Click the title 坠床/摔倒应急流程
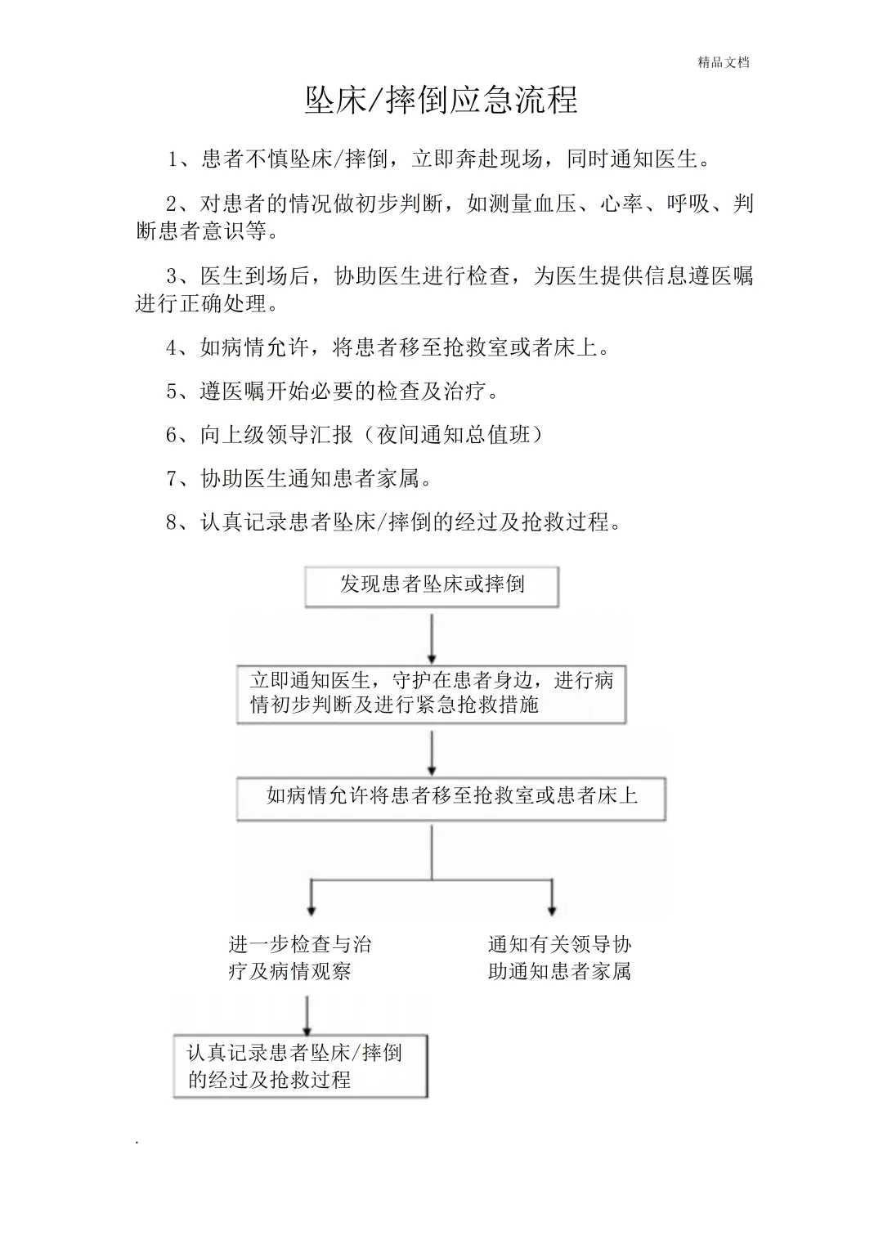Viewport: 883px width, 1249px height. point(441,101)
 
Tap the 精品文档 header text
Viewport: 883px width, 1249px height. point(724,62)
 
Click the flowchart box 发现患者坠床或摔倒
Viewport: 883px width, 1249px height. point(432,585)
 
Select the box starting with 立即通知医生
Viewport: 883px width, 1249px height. point(431,693)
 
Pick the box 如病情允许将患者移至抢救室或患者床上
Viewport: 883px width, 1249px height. point(451,797)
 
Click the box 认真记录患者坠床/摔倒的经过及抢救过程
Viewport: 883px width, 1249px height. point(300,1067)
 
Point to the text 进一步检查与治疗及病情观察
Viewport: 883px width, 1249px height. point(300,958)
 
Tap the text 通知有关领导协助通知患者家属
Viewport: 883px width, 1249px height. point(559,958)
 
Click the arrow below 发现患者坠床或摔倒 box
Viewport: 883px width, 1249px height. point(432,638)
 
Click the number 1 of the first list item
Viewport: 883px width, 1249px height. point(173,159)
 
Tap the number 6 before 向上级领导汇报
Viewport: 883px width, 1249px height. point(172,436)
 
